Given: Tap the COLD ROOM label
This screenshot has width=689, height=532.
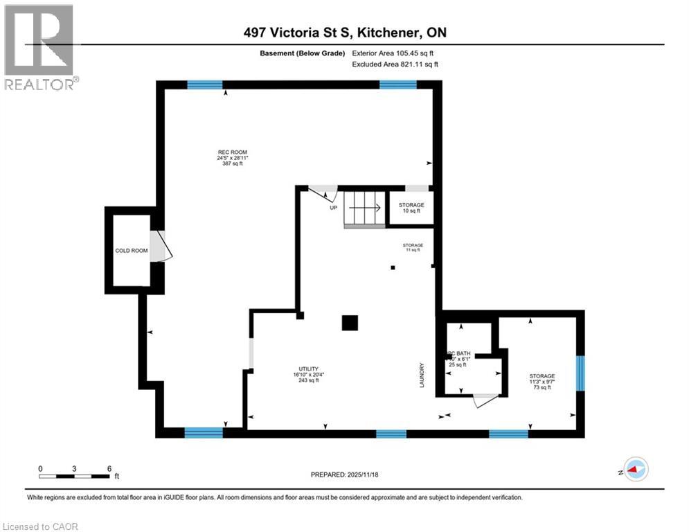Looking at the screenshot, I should point(132,251).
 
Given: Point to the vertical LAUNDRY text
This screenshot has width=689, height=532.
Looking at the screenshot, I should point(421,375).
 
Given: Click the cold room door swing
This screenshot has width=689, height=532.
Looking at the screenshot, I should point(160,246).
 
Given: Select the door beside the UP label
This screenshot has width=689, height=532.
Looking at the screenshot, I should point(323,193).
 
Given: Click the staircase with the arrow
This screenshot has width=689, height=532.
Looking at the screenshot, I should point(364,207).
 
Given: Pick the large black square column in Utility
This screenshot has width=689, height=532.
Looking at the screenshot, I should point(350,323).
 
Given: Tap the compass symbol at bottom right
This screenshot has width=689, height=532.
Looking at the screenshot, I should point(636,469).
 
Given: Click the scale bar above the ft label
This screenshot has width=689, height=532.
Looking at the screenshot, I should point(75,477).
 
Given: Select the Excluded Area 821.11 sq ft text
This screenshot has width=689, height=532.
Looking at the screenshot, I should point(395,64).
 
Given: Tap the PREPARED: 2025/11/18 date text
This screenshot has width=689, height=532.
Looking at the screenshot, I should point(345,475).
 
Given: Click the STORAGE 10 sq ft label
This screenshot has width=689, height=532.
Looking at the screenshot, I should point(412,208).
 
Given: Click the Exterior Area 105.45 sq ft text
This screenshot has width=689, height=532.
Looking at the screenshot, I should point(395,53).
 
